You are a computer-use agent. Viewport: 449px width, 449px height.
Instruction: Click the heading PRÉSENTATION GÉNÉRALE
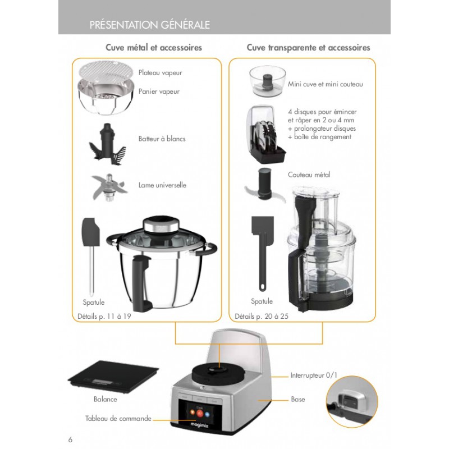149,25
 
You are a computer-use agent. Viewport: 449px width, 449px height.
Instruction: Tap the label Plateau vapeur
161,73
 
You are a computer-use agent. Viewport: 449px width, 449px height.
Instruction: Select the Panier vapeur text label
159,91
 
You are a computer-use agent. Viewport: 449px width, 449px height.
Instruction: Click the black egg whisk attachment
107,144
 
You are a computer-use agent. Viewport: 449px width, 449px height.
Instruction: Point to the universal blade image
108,187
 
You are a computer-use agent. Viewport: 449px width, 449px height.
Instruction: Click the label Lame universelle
162,185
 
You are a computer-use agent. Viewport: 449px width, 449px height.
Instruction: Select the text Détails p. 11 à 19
104,316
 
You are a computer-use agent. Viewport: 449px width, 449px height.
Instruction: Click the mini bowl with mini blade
268,81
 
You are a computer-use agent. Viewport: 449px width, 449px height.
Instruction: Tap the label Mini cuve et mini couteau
326,84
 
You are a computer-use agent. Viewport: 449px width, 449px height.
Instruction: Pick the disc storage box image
265,134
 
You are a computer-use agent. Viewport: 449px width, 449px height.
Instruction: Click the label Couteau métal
309,175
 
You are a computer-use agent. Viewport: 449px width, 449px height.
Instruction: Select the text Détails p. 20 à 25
262,316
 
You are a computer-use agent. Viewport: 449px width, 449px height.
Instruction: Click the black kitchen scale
113,377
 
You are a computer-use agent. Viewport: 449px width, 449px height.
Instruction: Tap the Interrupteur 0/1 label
314,375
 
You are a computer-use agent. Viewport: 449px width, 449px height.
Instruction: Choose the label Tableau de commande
118,418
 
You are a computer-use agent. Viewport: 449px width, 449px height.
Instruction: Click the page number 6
71,439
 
